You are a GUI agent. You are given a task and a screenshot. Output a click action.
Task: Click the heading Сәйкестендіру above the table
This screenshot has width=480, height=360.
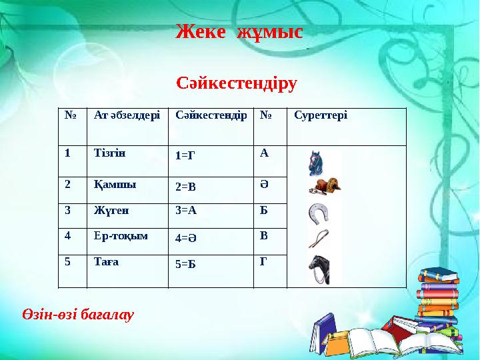tap(237, 84)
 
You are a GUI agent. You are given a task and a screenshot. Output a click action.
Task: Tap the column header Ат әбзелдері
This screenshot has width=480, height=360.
tap(127, 115)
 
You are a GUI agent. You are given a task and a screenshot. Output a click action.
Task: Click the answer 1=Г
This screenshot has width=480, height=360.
tap(185, 155)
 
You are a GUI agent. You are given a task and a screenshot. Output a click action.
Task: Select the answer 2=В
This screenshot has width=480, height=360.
tap(185, 187)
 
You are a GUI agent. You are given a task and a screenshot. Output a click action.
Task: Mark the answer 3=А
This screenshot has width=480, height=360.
tap(186, 209)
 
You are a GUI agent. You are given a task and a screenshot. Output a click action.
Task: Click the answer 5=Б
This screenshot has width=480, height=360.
tap(185, 264)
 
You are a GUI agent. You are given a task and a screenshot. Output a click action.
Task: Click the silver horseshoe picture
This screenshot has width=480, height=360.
tap(319, 213)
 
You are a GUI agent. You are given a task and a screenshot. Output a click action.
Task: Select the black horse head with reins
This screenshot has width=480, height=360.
tap(321, 269)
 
